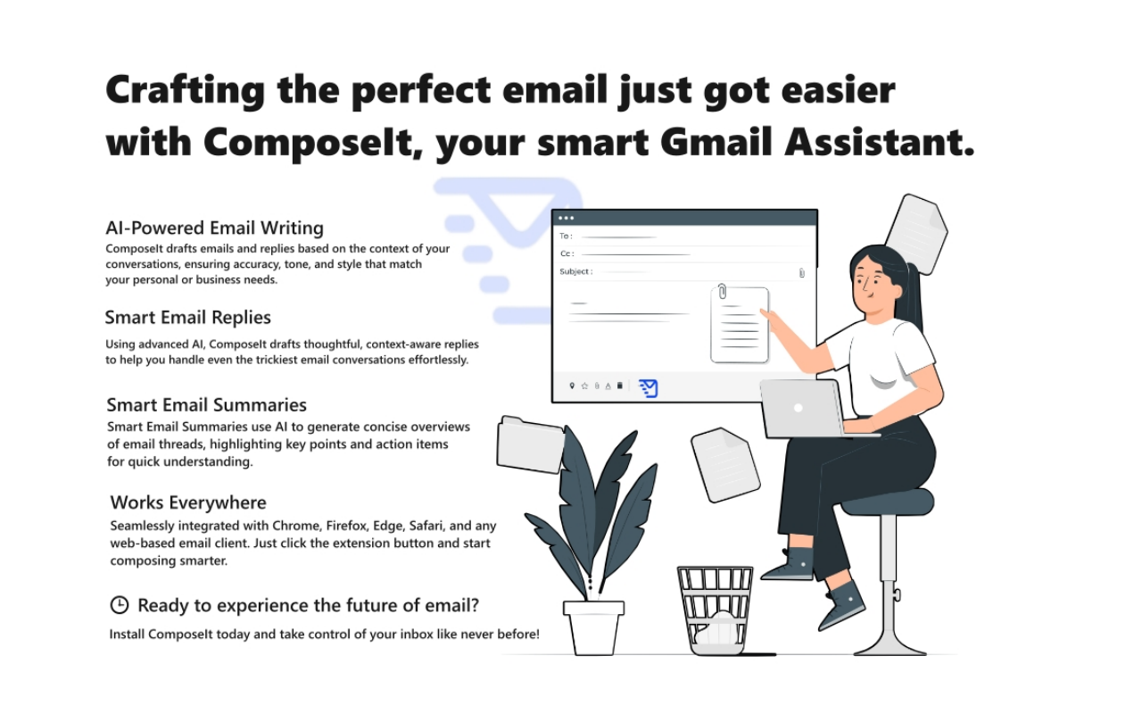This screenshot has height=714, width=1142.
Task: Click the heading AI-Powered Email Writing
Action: point(214,228)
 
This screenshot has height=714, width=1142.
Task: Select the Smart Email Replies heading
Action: point(187,318)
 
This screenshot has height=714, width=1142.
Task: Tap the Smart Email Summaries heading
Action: point(206,406)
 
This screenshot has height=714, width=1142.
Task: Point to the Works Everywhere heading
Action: point(188,502)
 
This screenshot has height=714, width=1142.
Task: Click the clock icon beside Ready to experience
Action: point(119,605)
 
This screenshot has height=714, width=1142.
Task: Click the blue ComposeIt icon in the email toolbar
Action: point(649,387)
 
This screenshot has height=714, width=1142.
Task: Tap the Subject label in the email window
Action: point(575,271)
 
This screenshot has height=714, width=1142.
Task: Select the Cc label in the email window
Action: point(567,253)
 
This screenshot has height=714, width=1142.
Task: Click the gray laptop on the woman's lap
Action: point(802,409)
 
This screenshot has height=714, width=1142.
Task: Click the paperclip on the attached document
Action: point(722,292)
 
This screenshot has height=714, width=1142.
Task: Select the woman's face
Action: point(871,284)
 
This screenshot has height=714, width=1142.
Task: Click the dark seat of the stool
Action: point(887,502)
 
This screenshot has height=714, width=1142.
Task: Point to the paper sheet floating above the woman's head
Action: point(915,233)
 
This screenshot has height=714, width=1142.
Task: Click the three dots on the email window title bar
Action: point(566,218)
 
